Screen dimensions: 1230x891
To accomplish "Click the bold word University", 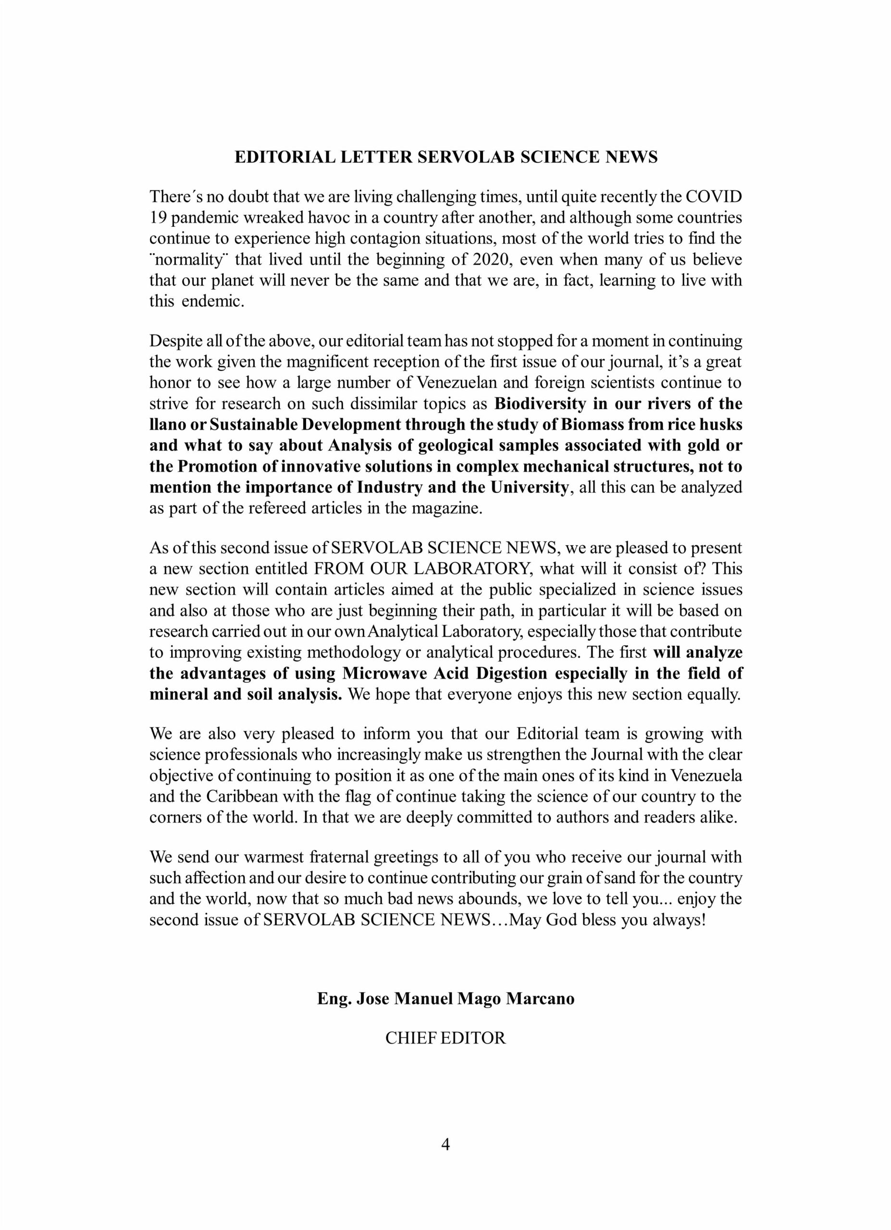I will (x=529, y=488).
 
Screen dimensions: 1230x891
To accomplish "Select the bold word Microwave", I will (x=387, y=674).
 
